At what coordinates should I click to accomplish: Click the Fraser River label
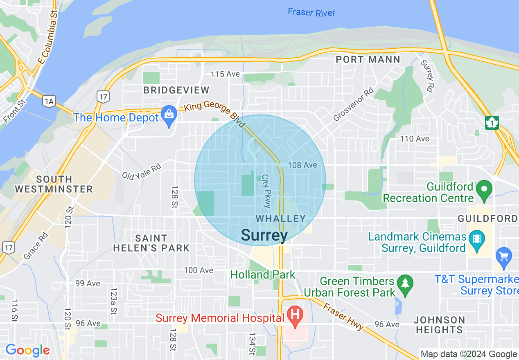tap(311, 12)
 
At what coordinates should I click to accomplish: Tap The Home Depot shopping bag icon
tap(169, 115)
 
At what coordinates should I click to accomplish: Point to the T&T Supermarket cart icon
tap(503, 256)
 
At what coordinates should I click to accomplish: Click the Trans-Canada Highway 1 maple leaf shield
tap(492, 122)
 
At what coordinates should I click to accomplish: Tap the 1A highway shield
tap(49, 101)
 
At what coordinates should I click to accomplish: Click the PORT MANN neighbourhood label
tap(368, 60)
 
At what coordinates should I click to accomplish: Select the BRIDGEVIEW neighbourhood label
tap(176, 90)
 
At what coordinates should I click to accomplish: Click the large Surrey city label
tap(264, 235)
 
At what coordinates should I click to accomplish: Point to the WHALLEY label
tap(281, 219)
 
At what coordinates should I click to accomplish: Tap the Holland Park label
tap(262, 274)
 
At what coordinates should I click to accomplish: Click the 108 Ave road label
tap(302, 165)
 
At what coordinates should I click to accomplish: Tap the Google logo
tap(27, 351)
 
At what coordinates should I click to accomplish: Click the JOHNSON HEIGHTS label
tap(439, 325)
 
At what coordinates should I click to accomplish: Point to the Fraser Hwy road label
tap(343, 317)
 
